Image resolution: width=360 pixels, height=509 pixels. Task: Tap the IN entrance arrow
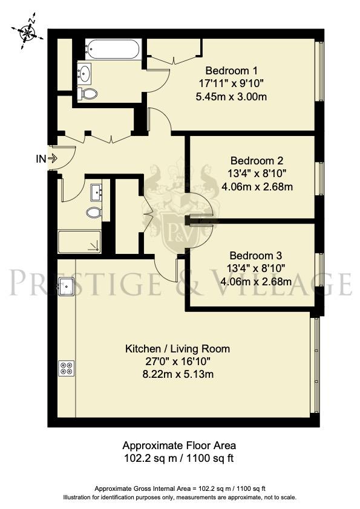(51, 159)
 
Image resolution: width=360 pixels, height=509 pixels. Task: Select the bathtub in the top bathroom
(113, 48)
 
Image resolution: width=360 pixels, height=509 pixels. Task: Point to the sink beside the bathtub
(85, 74)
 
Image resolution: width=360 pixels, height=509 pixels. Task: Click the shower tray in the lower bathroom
(80, 242)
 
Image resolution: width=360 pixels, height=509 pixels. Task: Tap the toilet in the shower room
(94, 212)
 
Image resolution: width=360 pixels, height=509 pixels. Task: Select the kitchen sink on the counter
(66, 285)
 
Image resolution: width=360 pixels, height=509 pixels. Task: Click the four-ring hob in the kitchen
(66, 368)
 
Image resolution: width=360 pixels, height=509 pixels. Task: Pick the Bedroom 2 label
(257, 161)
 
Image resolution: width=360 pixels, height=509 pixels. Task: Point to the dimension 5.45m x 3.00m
(232, 96)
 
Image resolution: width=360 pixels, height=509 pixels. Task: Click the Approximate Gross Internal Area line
(180, 488)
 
